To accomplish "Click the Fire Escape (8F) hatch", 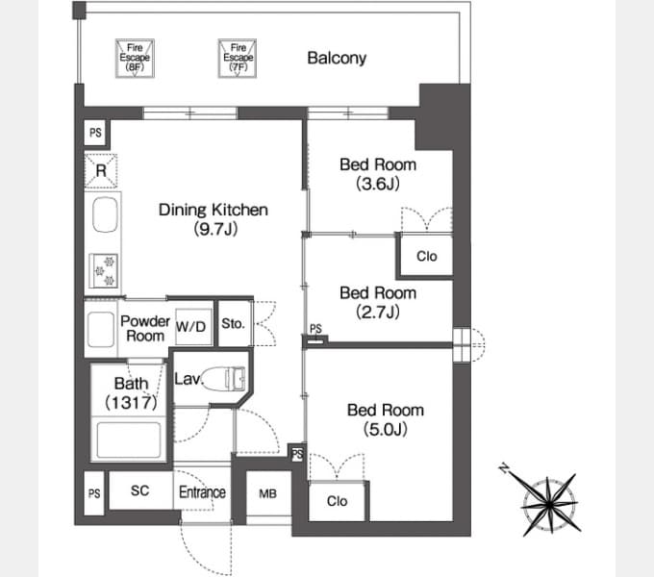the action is [x=135, y=59].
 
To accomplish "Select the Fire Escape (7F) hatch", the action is [x=238, y=59].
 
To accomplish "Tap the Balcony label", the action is [x=337, y=58].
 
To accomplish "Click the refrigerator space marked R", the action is [x=101, y=170].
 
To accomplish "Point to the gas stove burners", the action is [x=104, y=271].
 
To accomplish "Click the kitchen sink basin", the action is [x=105, y=214].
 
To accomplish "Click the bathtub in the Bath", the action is [x=129, y=439].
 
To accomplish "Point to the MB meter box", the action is [x=268, y=493].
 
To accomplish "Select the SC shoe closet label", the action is [x=139, y=490].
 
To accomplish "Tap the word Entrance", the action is [x=202, y=492].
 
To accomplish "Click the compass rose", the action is [x=549, y=505].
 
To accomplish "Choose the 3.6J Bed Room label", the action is [x=378, y=174].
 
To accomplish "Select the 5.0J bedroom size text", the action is [x=385, y=429].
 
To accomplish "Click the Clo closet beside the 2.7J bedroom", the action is [x=426, y=256].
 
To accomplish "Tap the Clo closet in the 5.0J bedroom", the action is [x=337, y=501].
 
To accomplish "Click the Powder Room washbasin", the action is [x=101, y=329].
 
